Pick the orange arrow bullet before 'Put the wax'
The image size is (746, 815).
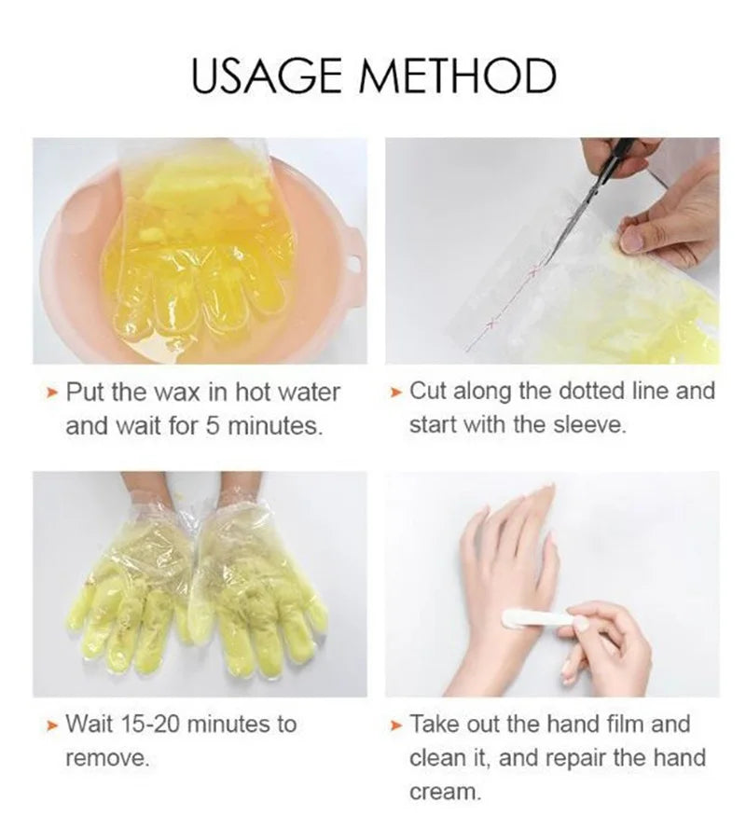coord(52,392)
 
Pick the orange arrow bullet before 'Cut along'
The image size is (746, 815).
coord(396,390)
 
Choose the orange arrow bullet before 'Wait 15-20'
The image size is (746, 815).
coord(52,725)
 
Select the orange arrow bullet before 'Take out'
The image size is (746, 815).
coord(396,725)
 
